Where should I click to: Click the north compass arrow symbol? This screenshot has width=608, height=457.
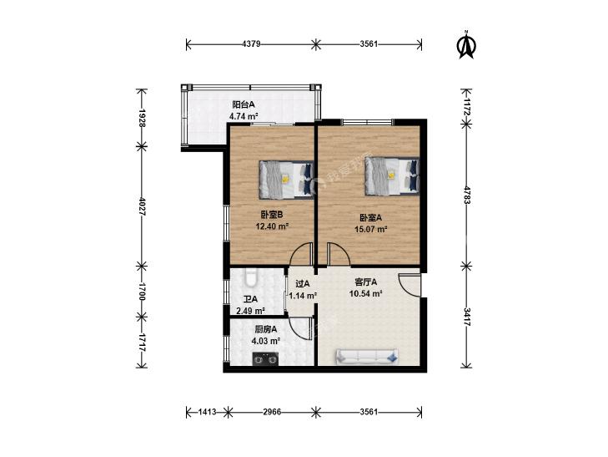click(x=467, y=45)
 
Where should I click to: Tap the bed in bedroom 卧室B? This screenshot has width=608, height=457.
click(x=286, y=180)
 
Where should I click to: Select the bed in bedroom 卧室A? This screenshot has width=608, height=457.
click(x=392, y=175)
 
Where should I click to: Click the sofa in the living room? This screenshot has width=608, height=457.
click(x=367, y=357)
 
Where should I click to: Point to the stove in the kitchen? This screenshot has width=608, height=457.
click(x=265, y=359)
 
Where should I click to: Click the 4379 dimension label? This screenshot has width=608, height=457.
click(x=251, y=44)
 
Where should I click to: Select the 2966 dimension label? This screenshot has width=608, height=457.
click(x=272, y=412)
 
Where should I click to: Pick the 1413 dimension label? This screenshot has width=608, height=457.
click(x=207, y=412)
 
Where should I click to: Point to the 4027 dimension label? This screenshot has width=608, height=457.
click(x=142, y=206)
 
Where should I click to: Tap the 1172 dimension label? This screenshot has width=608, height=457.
click(x=467, y=106)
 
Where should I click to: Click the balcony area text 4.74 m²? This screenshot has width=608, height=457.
click(x=244, y=116)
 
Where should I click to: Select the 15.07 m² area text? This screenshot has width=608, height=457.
click(x=371, y=229)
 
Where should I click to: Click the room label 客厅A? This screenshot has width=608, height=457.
click(x=366, y=282)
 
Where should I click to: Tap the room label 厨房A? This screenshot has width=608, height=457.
click(x=265, y=330)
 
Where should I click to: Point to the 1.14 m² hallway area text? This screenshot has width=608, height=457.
click(x=304, y=296)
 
